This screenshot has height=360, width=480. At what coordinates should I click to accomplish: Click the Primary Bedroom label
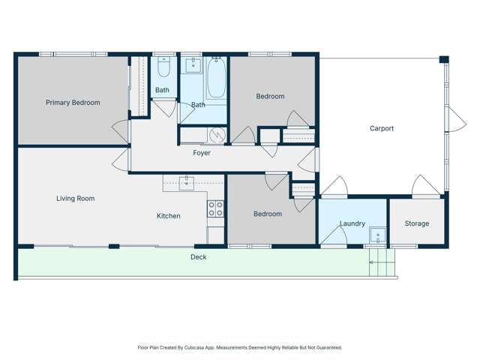(x=73, y=103)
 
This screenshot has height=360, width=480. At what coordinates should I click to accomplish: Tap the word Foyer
(x=202, y=153)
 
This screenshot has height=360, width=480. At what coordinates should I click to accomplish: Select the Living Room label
(x=76, y=199)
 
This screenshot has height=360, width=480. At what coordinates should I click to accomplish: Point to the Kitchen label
(x=168, y=216)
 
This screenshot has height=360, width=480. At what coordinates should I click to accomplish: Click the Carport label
(x=382, y=128)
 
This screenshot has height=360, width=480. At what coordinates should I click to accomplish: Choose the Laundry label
(x=352, y=223)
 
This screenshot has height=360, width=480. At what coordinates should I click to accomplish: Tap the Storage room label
(x=417, y=223)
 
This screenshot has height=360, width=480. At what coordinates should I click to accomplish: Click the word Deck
(x=198, y=257)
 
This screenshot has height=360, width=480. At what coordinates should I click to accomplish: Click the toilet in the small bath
(x=163, y=69)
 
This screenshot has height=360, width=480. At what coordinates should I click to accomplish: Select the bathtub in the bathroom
(x=216, y=79)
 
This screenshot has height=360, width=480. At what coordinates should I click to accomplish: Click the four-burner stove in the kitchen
(x=215, y=208)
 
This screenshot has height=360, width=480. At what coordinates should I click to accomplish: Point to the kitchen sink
(x=186, y=183)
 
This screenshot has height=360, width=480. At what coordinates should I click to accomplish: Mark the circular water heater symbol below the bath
(x=217, y=135)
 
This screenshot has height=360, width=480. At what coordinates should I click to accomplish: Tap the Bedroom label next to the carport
(x=270, y=96)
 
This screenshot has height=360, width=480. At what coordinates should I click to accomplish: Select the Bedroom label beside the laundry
(x=268, y=214)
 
